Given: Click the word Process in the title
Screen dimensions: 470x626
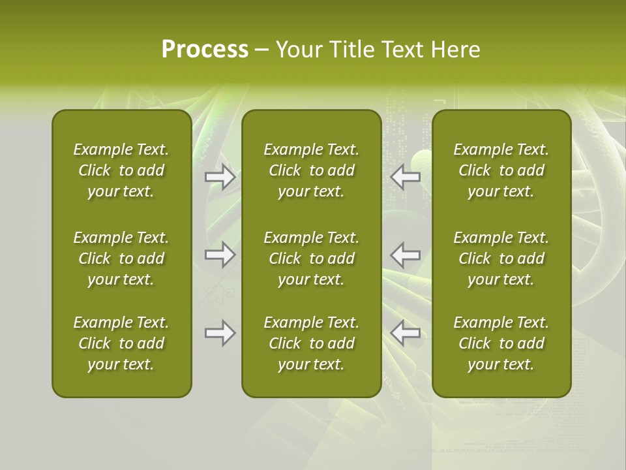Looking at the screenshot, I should (x=205, y=50).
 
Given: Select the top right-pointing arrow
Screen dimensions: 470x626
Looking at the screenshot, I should (x=220, y=177).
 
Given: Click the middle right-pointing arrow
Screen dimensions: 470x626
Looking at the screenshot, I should (x=220, y=255).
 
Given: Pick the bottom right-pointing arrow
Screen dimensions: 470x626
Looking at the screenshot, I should (x=220, y=333).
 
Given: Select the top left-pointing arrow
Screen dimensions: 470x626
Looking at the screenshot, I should (x=406, y=177).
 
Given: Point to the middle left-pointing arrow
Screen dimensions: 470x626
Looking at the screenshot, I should (x=406, y=255).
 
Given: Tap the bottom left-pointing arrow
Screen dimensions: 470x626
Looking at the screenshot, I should (x=406, y=333).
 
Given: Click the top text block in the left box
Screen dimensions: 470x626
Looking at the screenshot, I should (x=121, y=170).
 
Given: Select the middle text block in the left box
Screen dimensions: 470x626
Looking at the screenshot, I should (x=121, y=258).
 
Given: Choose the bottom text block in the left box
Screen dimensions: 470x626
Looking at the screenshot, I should (x=121, y=343).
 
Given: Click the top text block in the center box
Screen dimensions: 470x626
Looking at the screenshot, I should (x=312, y=170).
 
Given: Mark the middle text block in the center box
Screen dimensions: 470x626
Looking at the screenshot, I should (x=312, y=258).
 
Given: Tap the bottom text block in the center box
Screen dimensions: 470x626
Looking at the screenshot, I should (x=312, y=343).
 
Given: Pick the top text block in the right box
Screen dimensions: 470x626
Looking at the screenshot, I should (x=501, y=170).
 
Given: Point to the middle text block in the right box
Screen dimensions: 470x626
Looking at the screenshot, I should (x=501, y=258).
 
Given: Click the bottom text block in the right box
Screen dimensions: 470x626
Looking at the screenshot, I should (x=501, y=343).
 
